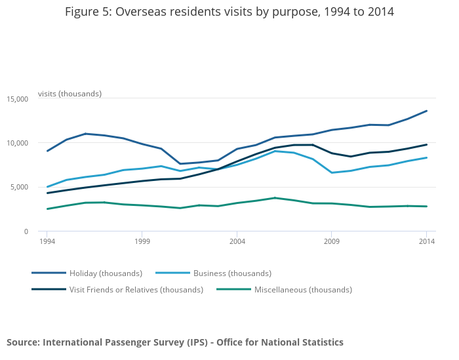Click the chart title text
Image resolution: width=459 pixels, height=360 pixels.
click(x=229, y=12)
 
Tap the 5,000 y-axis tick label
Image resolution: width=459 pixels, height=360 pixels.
click(x=19, y=188)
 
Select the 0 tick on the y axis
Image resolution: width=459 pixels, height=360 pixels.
click(x=26, y=231)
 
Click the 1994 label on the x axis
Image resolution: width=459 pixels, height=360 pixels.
click(x=47, y=241)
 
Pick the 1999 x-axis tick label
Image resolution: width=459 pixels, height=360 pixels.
click(x=142, y=241)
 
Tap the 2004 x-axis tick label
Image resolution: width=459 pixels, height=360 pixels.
click(x=237, y=241)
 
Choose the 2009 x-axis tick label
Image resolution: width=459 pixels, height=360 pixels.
click(x=331, y=241)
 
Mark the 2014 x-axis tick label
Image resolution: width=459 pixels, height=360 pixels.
click(x=426, y=241)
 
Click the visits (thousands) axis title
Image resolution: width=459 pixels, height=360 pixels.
click(x=70, y=94)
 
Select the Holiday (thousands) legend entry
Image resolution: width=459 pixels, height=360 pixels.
click(x=106, y=273)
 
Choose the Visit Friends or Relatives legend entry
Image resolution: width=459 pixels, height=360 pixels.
click(x=136, y=289)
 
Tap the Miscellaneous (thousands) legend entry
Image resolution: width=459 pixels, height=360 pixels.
click(x=303, y=289)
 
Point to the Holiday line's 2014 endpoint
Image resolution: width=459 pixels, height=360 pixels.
click(x=426, y=111)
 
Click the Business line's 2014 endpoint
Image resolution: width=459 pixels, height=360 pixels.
click(x=426, y=157)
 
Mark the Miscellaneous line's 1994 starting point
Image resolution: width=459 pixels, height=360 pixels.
click(x=47, y=209)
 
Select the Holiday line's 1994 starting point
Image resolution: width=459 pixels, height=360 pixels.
click(x=47, y=151)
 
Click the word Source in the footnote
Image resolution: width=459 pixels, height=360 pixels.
click(x=22, y=342)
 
